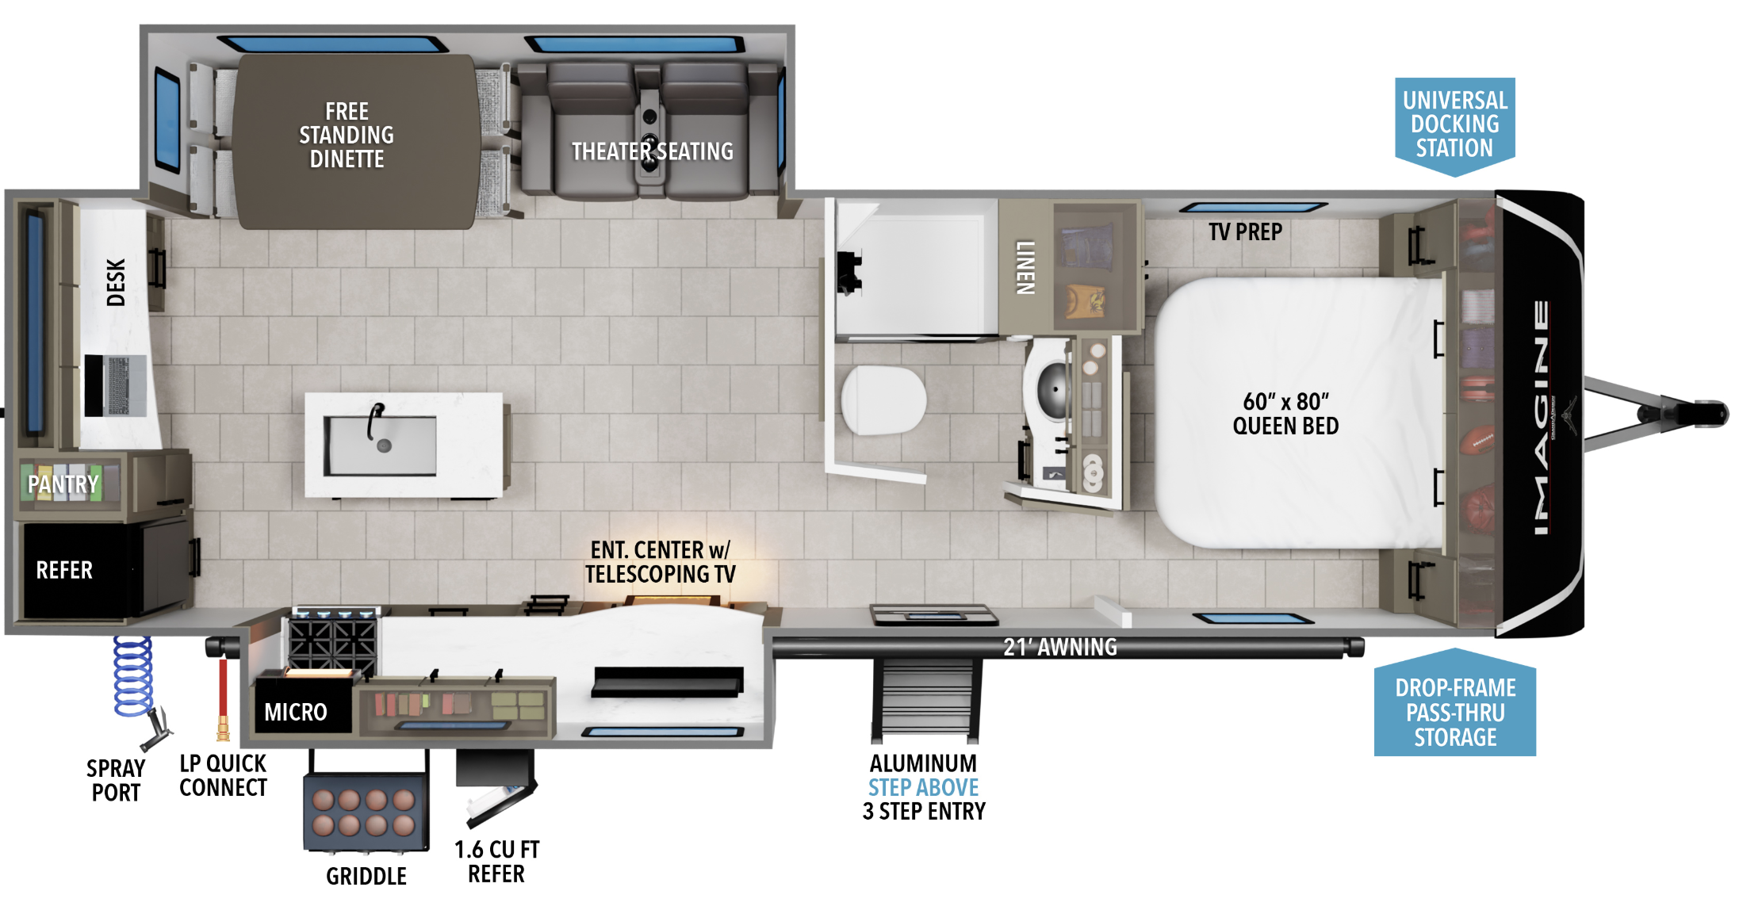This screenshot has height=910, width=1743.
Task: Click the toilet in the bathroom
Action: coord(883,400)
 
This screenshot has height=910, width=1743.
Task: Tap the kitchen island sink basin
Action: coord(380,445)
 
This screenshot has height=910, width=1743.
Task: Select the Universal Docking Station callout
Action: coord(1454,124)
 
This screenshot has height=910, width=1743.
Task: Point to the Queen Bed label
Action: coord(1285,414)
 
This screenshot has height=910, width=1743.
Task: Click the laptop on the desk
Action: coord(116,385)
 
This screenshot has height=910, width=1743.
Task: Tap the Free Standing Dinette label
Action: coord(347,136)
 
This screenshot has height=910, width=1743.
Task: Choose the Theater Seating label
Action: coord(653,151)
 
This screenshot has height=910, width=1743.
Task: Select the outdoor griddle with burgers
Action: coord(366,811)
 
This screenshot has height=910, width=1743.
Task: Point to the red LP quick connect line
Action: coord(224,698)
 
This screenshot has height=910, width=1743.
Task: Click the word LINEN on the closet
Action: coord(1025,268)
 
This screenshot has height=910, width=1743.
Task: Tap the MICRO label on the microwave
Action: coord(296,712)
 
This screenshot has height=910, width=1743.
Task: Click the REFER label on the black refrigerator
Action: coord(64,570)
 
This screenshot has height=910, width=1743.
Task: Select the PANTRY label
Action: coord(63,484)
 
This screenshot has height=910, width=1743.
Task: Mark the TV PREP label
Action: coord(1245,232)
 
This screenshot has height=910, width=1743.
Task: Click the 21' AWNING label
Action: coord(1060,648)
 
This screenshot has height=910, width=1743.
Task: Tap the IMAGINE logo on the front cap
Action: coord(1542,417)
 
